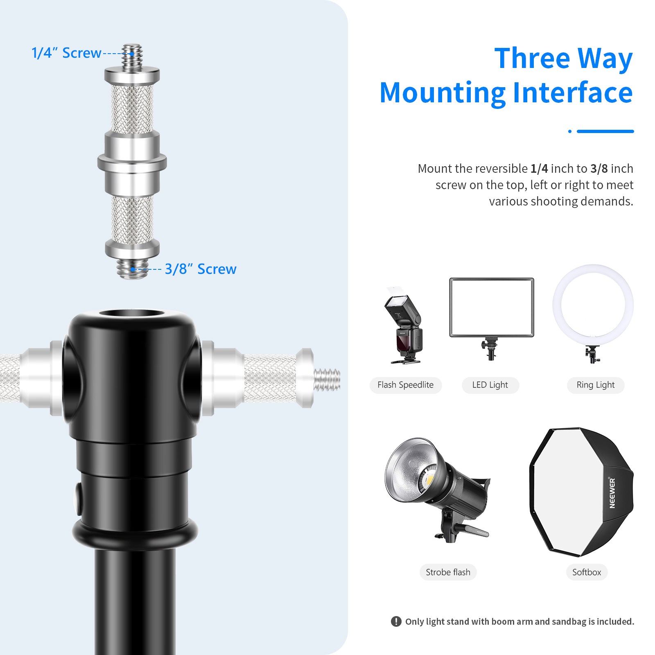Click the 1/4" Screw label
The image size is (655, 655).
(66, 53)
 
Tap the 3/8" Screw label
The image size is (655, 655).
(200, 269)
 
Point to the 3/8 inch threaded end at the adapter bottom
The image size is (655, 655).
(132, 269)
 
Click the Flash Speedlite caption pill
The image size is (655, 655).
(405, 385)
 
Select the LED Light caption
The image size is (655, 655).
(490, 385)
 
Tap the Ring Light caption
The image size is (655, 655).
(595, 385)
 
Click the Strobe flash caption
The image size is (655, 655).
(448, 572)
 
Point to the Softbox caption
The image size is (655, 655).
(587, 572)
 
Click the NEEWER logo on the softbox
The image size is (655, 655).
(612, 493)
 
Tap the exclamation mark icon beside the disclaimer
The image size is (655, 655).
(396, 621)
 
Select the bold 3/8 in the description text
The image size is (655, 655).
(599, 169)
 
